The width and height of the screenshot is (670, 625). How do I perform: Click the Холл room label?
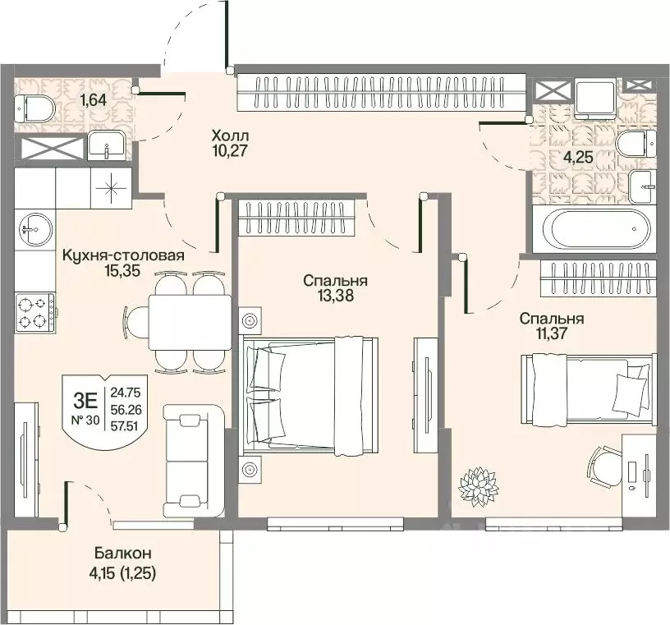coord(230,136)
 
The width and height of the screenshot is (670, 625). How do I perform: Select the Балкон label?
coord(122,554)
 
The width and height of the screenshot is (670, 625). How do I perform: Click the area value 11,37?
coord(552,333)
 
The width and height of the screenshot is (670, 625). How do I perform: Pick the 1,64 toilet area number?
coord(93,100)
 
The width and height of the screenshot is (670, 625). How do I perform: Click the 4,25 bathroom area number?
coord(580,158)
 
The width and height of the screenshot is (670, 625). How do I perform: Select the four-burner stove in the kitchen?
coord(35,312)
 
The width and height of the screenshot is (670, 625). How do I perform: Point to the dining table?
coord(190,322)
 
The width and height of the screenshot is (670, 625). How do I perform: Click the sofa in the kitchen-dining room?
coord(195,460)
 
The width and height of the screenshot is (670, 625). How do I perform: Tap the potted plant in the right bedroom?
coord(478,486)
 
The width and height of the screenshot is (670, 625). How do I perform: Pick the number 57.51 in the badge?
coord(126,425)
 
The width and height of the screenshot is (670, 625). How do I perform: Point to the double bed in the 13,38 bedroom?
coord(310,394)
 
